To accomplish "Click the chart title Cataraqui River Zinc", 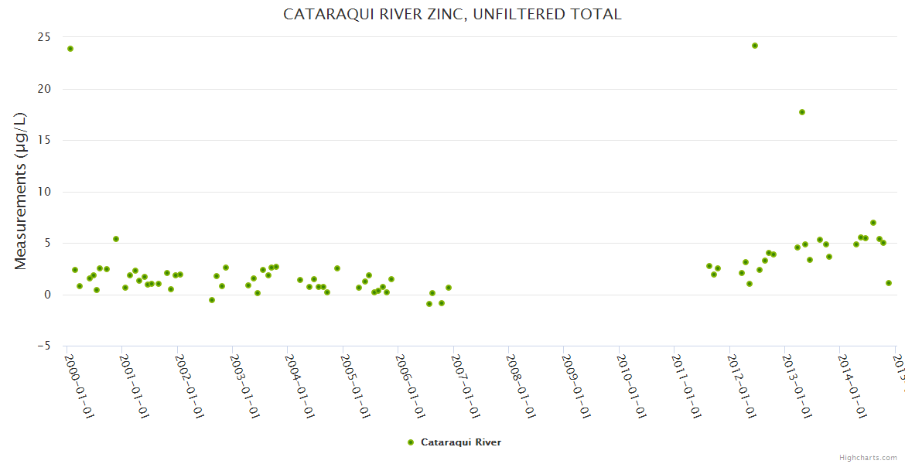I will pyautogui.click(x=452, y=14).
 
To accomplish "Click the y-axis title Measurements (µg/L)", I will pyautogui.click(x=21, y=191).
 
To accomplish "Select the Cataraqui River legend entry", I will pyautogui.click(x=455, y=442).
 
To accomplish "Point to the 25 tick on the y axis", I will pyautogui.click(x=45, y=37).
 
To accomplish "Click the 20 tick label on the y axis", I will pyautogui.click(x=45, y=89).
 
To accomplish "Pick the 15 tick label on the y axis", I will pyautogui.click(x=45, y=140).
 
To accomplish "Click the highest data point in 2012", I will pyautogui.click(x=755, y=46).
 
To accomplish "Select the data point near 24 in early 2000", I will pyautogui.click(x=70, y=49).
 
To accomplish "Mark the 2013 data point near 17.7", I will pyautogui.click(x=802, y=112).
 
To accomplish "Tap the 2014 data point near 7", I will pyautogui.click(x=873, y=223).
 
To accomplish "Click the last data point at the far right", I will pyautogui.click(x=889, y=283).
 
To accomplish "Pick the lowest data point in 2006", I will pyautogui.click(x=429, y=304).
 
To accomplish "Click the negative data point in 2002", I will pyautogui.click(x=212, y=300).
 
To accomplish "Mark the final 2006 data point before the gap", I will pyautogui.click(x=449, y=288).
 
